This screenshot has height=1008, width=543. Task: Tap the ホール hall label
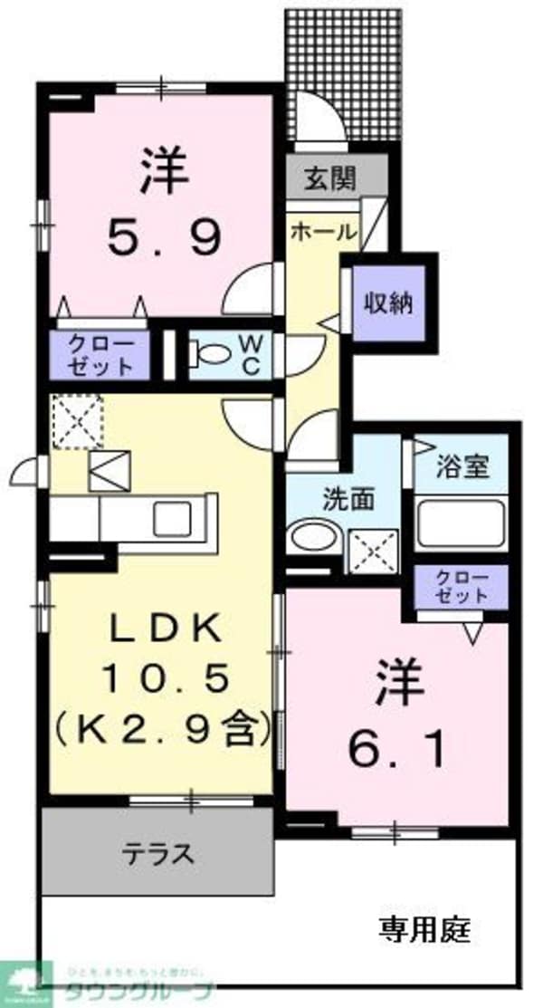tap(323, 232)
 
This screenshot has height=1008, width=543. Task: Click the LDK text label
tap(165, 628)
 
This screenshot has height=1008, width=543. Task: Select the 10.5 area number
tap(165, 677)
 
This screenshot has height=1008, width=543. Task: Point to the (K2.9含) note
tap(163, 727)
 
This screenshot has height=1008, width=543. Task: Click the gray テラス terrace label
tap(158, 852)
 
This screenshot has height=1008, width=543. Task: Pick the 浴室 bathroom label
tap(462, 467)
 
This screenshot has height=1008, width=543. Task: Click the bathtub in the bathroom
tap(461, 523)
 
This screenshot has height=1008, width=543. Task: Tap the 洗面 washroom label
tap(345, 498)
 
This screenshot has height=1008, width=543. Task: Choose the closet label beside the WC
tap(102, 354)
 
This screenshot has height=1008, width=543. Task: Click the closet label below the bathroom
tap(462, 588)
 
